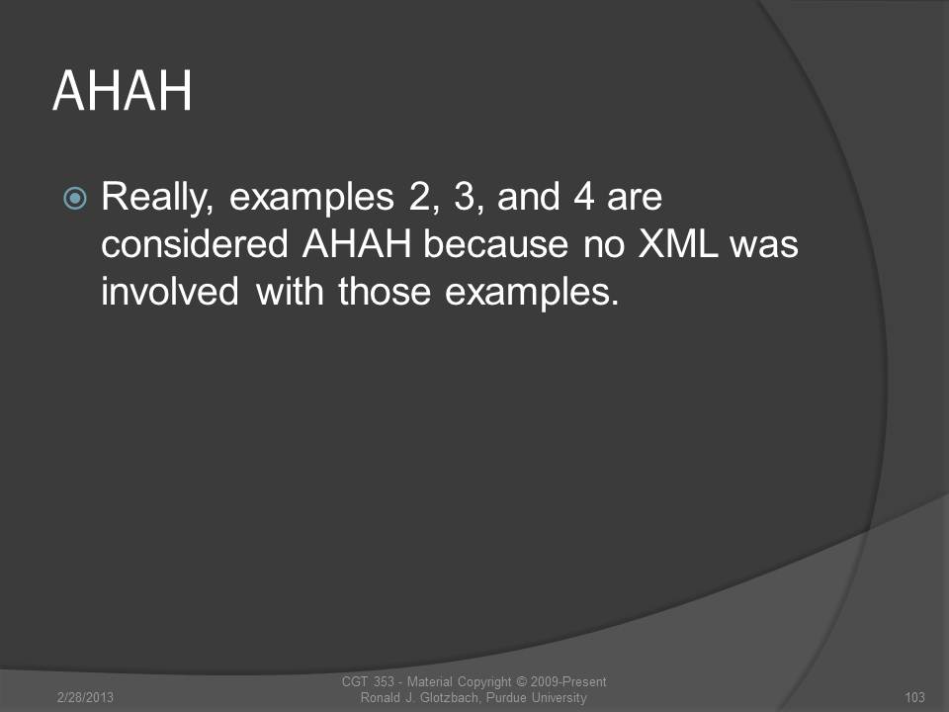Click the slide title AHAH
[x=123, y=91]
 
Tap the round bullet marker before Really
[x=75, y=198]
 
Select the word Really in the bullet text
[x=157, y=199]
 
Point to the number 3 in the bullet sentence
[x=466, y=196]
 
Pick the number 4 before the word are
[x=583, y=196]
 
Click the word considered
[x=195, y=244]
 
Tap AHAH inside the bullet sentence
[x=357, y=244]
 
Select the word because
[x=495, y=244]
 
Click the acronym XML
[x=678, y=244]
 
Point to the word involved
[x=170, y=291]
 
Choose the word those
[x=385, y=291]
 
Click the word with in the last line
[x=290, y=291]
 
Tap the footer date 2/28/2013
[x=85, y=697]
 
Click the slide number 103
[x=914, y=697]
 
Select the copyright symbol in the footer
[x=521, y=681]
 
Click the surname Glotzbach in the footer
[x=449, y=697]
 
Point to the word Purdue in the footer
[x=507, y=697]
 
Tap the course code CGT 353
[x=368, y=681]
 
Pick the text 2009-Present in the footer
[x=568, y=681]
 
